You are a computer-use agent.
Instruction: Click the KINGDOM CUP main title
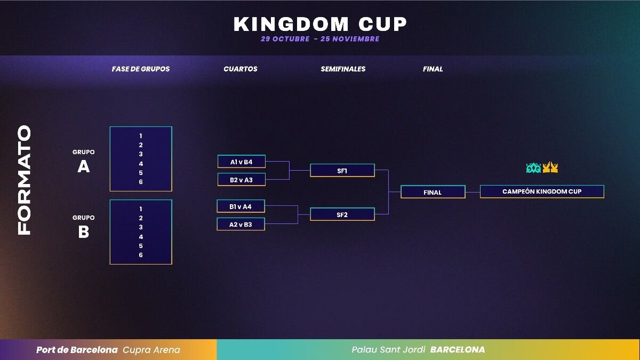tap(320, 24)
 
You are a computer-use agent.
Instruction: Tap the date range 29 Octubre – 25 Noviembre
tap(320, 39)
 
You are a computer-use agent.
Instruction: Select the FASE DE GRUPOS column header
tap(141, 69)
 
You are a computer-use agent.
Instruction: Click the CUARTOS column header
tap(241, 69)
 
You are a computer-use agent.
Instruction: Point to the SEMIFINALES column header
tap(343, 69)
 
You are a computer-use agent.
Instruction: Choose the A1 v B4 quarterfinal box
tap(242, 162)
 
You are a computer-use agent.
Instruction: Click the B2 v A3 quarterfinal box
tap(242, 180)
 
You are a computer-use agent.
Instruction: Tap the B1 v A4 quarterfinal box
tap(241, 206)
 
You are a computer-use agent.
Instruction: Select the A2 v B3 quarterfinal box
tap(241, 225)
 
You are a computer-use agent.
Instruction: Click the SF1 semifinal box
tap(342, 171)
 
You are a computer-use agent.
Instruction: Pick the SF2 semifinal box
tap(342, 214)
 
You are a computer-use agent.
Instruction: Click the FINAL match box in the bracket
tap(433, 192)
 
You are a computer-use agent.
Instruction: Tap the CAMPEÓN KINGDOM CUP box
tap(542, 191)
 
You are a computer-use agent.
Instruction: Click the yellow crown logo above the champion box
tap(550, 167)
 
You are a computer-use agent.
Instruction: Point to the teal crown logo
tap(533, 168)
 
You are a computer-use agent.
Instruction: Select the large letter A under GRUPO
tap(83, 166)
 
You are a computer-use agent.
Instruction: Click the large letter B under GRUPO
tap(83, 231)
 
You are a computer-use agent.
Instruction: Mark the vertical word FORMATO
tap(24, 180)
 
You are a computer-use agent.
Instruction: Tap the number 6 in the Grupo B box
tap(141, 255)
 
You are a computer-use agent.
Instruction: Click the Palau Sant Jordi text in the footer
tap(388, 350)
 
